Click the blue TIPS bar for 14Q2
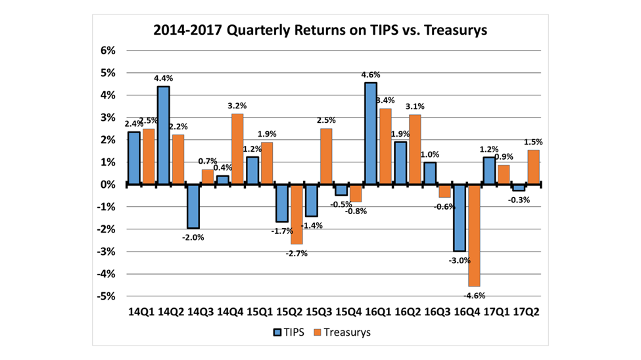[x=163, y=135]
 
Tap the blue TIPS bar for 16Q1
[x=370, y=133]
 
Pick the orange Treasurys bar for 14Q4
[x=237, y=149]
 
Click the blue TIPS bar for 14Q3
[x=193, y=206]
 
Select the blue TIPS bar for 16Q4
[x=459, y=217]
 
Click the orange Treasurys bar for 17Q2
[x=534, y=167]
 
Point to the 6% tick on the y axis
[x=107, y=51]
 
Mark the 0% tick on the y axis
[x=107, y=185]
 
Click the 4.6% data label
[x=370, y=74]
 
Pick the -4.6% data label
[x=473, y=295]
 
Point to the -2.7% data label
[x=296, y=252]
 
